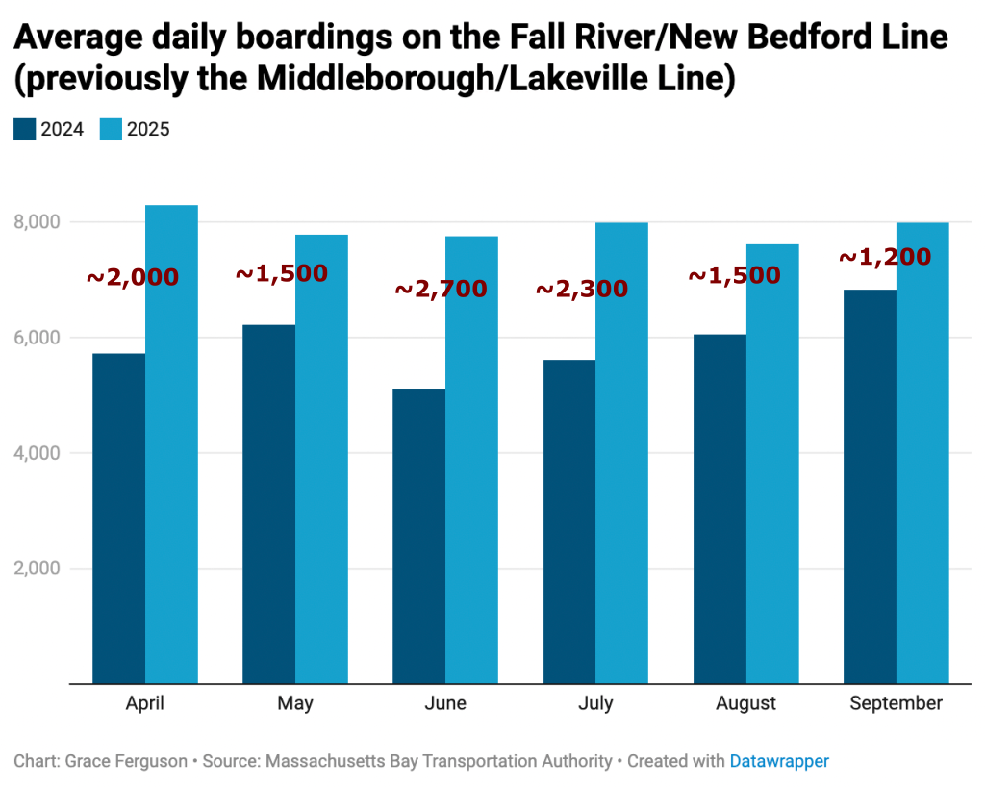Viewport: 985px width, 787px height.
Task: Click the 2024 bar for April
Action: click(x=118, y=519)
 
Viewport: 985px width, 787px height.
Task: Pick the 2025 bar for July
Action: click(x=621, y=453)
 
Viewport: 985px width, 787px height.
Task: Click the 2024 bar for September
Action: click(x=870, y=487)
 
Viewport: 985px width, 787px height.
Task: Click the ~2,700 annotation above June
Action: click(x=441, y=289)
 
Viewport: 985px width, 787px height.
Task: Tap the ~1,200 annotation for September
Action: click(x=885, y=257)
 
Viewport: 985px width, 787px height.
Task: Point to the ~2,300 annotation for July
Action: click(x=581, y=289)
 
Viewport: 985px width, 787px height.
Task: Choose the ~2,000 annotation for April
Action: click(x=133, y=277)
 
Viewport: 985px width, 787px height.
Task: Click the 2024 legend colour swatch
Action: click(x=24, y=129)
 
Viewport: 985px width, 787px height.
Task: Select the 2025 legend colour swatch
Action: click(x=111, y=129)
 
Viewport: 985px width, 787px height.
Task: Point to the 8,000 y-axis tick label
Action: click(x=38, y=222)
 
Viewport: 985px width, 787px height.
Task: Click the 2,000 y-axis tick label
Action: click(x=38, y=569)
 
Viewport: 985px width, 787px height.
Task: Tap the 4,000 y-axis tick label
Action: click(x=38, y=453)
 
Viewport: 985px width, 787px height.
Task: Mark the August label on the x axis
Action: click(x=745, y=703)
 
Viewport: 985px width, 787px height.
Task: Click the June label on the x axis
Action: click(x=444, y=703)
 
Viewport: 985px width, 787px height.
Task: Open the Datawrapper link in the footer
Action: click(x=779, y=761)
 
